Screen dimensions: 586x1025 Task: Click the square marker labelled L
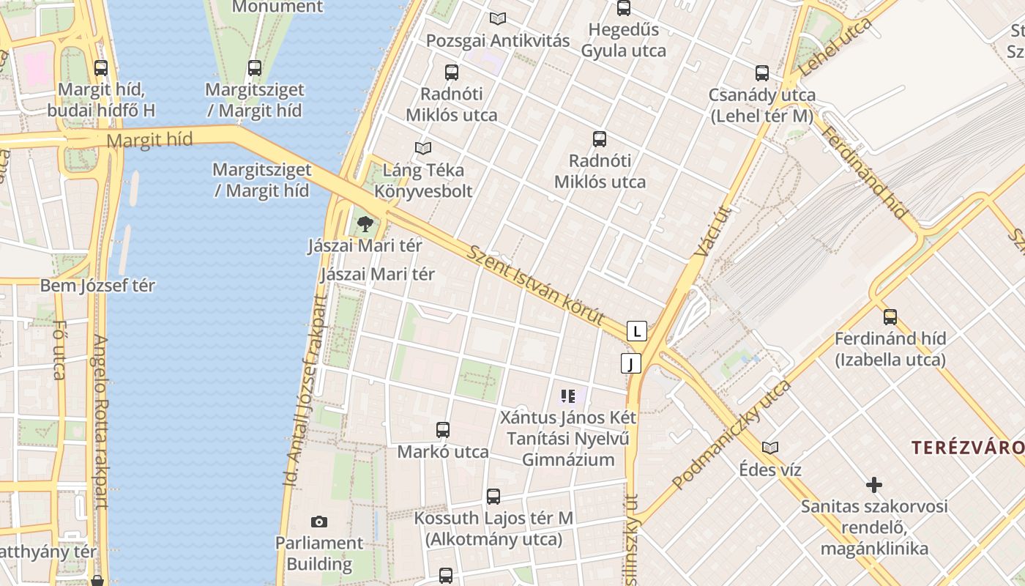637,331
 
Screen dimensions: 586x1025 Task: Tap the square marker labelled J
630,363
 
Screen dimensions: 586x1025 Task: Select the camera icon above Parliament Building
318,522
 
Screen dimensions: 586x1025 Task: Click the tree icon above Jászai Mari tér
365,223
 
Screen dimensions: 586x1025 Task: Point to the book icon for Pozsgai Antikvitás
498,18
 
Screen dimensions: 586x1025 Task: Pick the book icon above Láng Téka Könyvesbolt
422,148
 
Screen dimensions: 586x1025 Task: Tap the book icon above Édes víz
769,447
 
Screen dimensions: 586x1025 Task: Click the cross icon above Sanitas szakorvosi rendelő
873,484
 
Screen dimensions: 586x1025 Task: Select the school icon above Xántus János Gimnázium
568,396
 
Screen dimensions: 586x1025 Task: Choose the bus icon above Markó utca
443,430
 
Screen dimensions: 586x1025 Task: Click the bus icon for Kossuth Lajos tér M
493,496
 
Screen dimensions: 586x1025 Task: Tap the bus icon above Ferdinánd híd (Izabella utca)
890,316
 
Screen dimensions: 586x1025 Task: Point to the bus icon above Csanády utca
762,73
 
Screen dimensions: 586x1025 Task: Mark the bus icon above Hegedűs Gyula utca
624,9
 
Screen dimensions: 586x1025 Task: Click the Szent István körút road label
536,286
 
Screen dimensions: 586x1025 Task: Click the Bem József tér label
97,286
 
